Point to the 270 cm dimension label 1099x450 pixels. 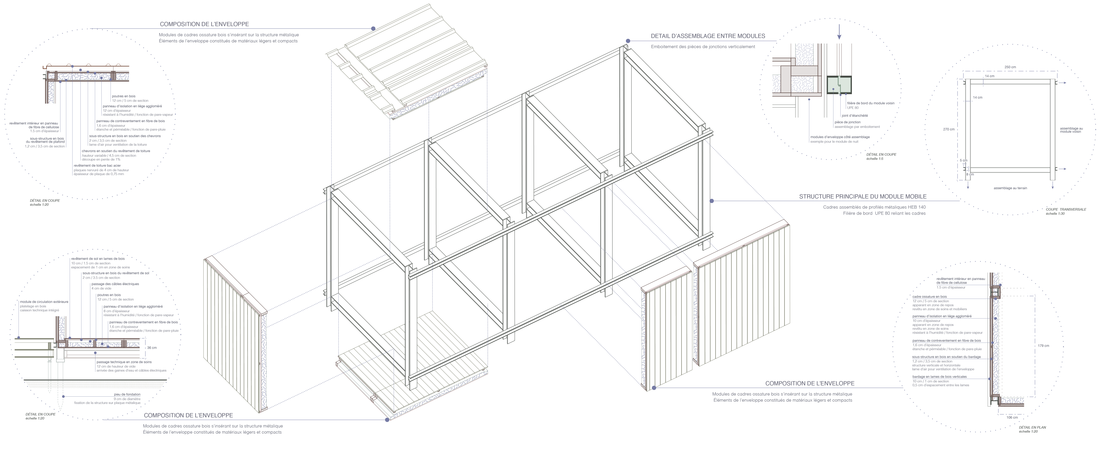949,129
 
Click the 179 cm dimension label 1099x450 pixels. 1043,346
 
